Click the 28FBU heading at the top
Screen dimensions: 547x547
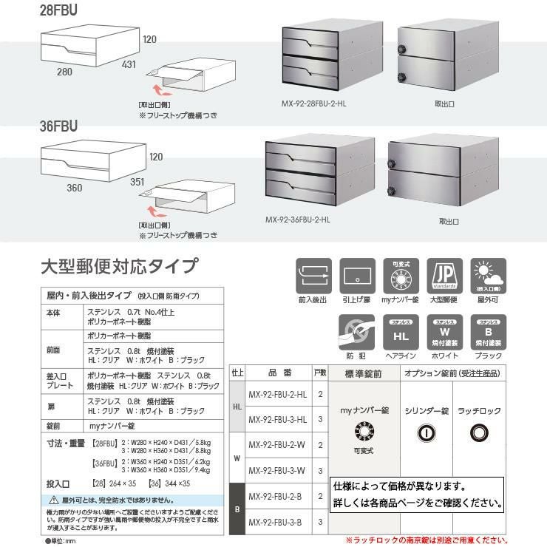58,10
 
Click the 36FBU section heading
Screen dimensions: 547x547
58,126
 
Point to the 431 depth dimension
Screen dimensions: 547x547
129,65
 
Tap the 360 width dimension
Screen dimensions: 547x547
74,188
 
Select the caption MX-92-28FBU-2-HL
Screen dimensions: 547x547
314,103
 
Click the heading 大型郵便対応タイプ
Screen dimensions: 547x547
118,265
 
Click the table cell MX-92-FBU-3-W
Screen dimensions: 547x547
277,470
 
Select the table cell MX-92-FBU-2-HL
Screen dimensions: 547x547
277,394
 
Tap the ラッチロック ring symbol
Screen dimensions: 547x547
479,432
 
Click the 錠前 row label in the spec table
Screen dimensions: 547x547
53,427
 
